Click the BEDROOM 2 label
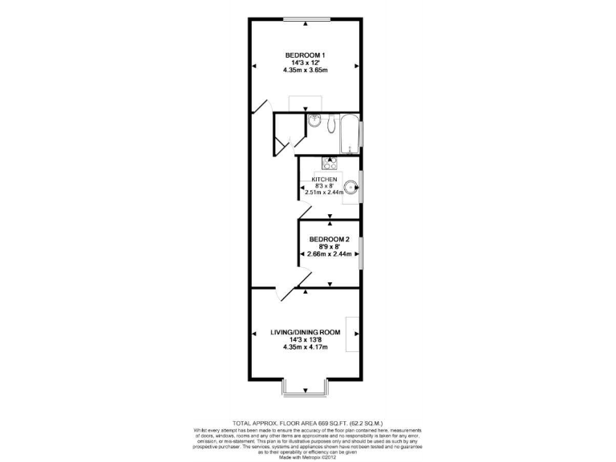330,239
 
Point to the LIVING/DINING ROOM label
305,332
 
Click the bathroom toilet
332,123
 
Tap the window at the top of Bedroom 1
306,18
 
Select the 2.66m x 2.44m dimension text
330,254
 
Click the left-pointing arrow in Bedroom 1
253,67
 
